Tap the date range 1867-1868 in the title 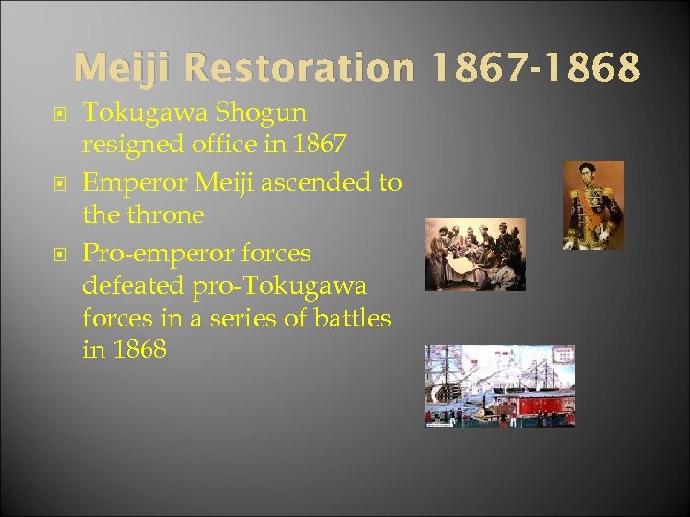[x=534, y=68]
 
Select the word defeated [x=132, y=285]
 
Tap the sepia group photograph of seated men [x=475, y=255]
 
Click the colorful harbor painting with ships [x=500, y=386]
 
